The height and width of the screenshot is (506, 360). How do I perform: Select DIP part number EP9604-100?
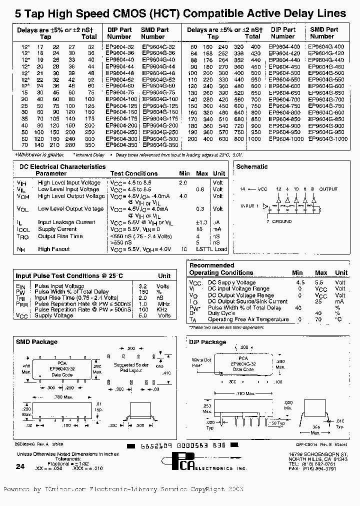pyautogui.click(x=120, y=99)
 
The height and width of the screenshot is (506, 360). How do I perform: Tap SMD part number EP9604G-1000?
pyautogui.click(x=327, y=138)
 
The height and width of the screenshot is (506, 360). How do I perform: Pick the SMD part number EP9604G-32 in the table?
pyautogui.click(x=158, y=46)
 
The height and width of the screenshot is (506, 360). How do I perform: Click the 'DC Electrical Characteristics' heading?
pyautogui.click(x=62, y=166)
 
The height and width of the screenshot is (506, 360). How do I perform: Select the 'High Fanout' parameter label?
pyautogui.click(x=53, y=249)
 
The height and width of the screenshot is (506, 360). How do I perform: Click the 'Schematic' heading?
pyautogui.click(x=251, y=166)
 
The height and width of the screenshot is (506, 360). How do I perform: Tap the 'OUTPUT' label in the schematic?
pyautogui.click(x=328, y=189)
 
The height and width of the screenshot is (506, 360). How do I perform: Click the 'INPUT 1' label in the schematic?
pyautogui.click(x=250, y=206)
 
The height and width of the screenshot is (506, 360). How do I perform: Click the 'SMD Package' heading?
pyautogui.click(x=36, y=342)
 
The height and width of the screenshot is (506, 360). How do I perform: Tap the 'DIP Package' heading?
pyautogui.click(x=207, y=342)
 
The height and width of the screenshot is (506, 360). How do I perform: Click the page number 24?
pyautogui.click(x=19, y=466)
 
